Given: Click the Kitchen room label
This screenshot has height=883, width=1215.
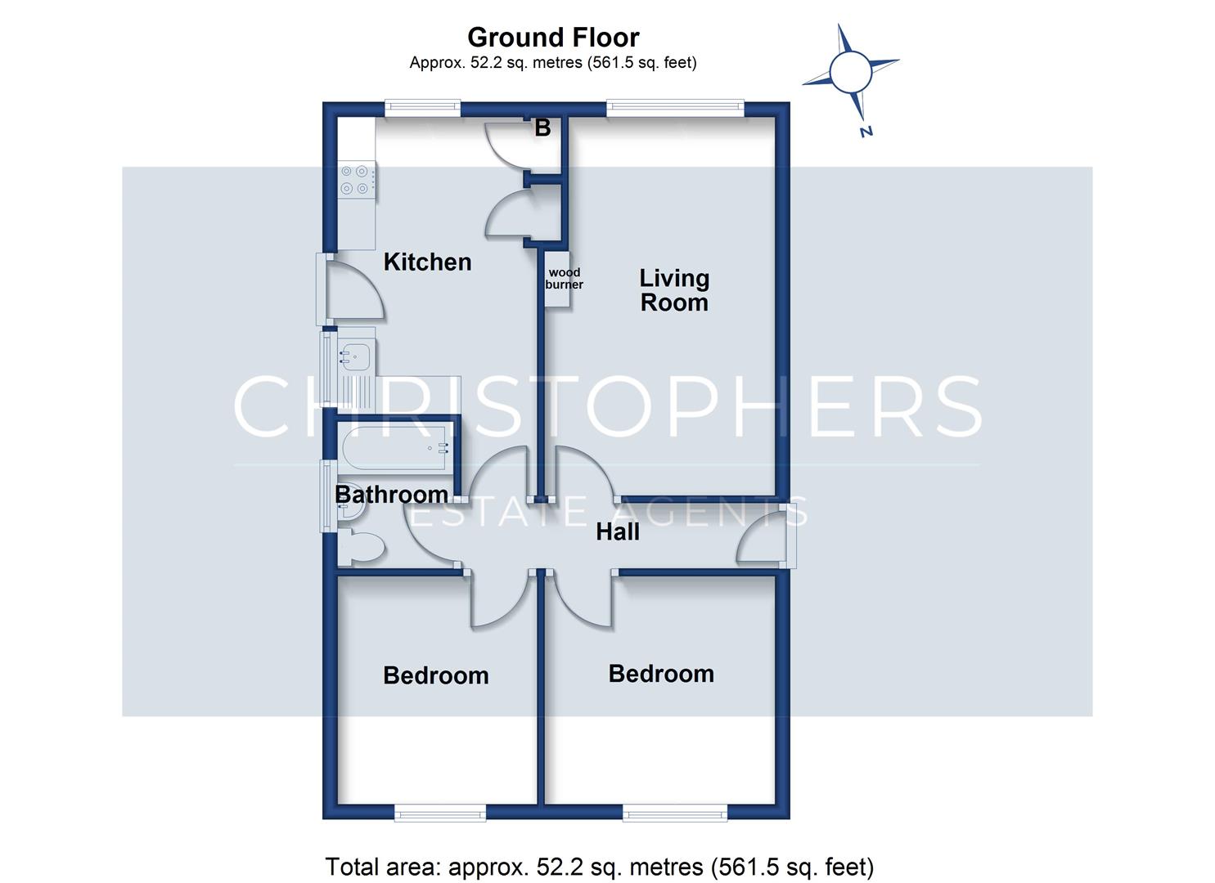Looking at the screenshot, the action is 427,262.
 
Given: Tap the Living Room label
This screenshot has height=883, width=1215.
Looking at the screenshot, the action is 674,290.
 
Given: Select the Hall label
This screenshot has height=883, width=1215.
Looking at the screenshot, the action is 617,531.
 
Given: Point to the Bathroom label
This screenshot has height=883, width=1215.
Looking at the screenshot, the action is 392,495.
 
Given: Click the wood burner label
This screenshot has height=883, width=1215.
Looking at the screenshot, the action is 564,279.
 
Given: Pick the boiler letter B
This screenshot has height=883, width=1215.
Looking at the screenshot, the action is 542,128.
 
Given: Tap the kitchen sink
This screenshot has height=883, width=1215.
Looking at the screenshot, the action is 355,357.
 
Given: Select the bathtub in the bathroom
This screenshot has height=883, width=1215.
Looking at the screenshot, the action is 395,448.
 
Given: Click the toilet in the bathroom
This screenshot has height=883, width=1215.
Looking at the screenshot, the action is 362,547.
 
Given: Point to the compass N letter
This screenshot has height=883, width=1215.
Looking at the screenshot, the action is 866,131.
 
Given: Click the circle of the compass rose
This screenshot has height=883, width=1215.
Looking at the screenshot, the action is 851,72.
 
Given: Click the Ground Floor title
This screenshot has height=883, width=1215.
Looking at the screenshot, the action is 553,38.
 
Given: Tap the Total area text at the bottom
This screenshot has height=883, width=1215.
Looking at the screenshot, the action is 600,867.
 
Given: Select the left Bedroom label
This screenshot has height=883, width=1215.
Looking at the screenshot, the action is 435,676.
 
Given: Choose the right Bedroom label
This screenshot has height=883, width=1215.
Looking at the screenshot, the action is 661,674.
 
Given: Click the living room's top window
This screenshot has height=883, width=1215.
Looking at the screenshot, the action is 675,109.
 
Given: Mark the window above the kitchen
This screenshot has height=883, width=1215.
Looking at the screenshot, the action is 422,109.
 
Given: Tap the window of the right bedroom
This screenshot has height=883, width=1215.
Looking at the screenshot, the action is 675,812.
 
